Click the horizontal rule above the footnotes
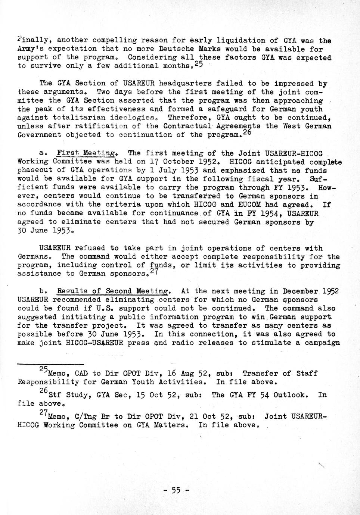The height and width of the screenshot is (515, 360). (x=50, y=364)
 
